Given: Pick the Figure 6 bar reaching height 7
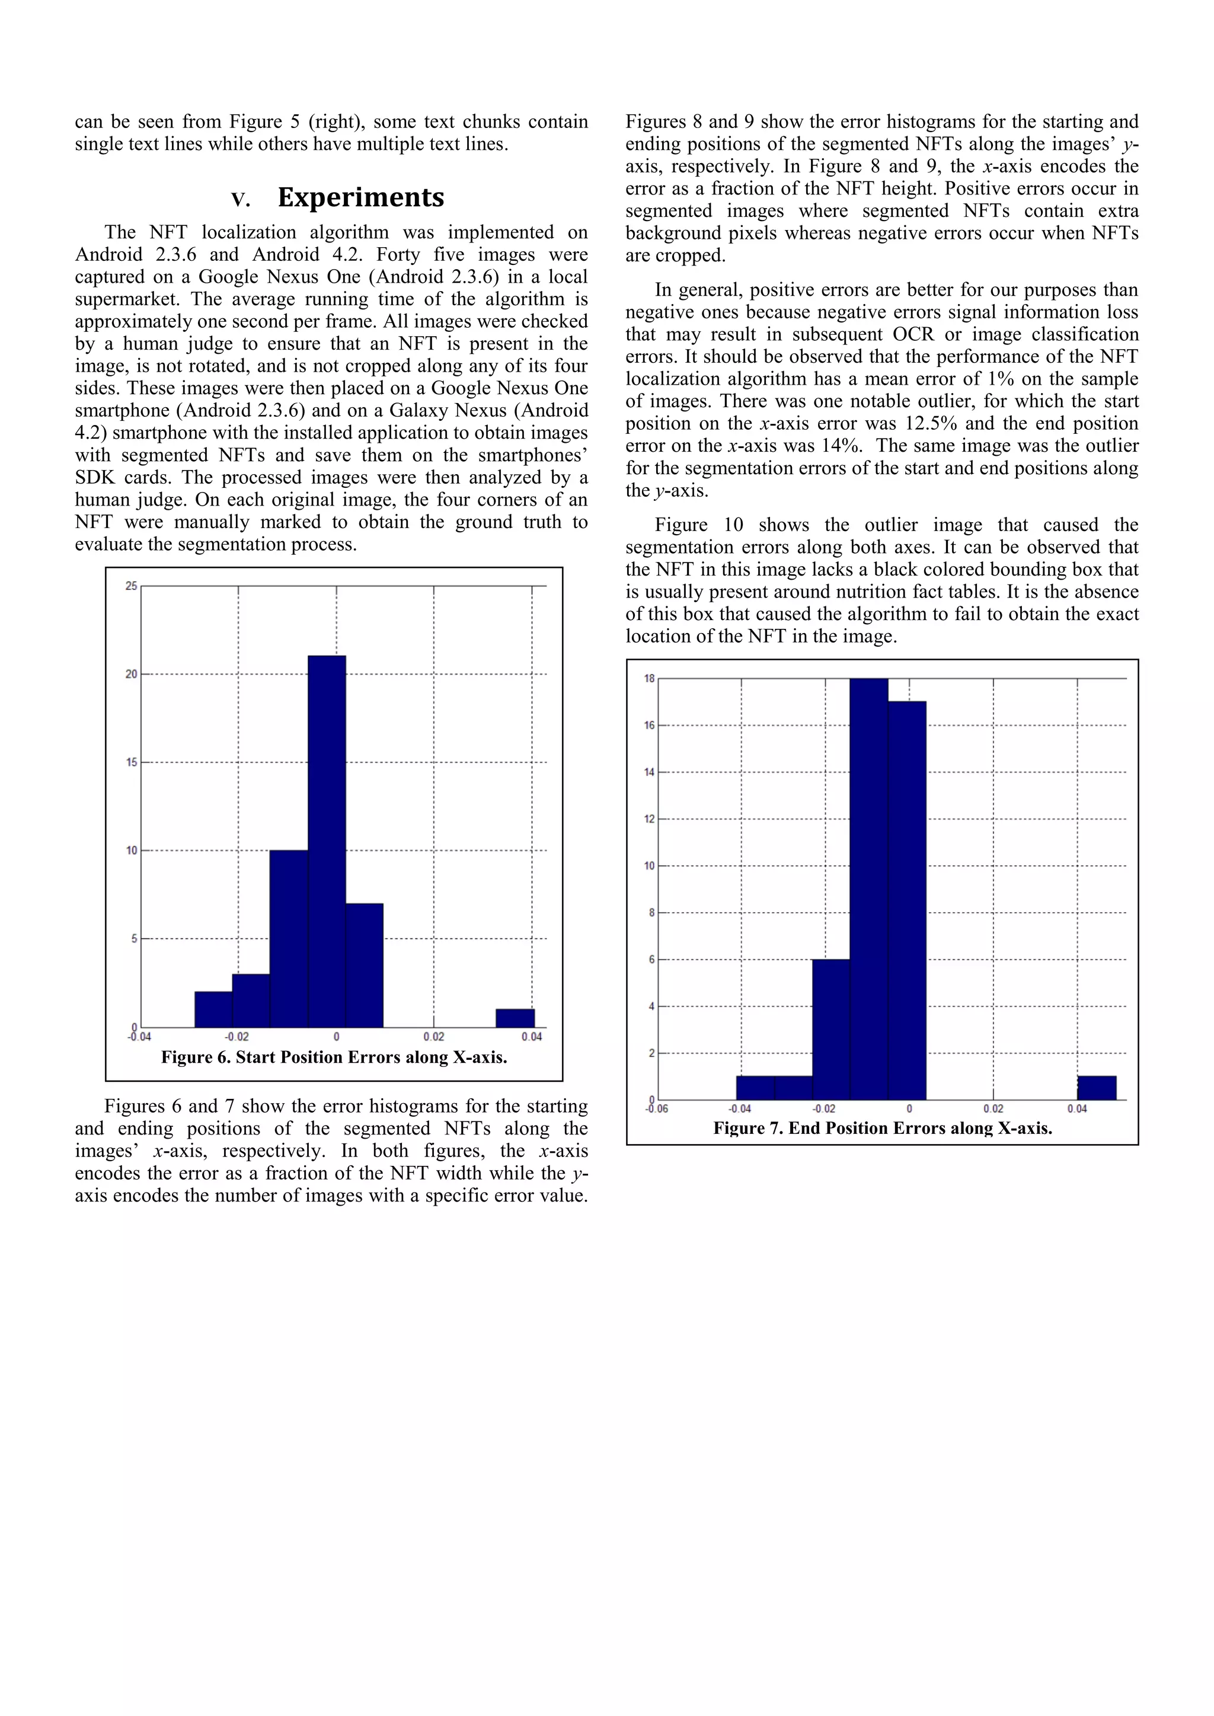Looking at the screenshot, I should pos(364,965).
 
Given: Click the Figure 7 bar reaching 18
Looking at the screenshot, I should pos(868,889).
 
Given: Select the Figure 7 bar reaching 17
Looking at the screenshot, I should pos(907,900).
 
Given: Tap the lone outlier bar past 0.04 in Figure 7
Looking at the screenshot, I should pos(1096,1088).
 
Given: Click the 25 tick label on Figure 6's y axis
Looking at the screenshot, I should pos(132,586).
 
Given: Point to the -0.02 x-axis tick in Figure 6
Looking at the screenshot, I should pos(237,1037).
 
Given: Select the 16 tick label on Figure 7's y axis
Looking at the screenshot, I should pos(649,725).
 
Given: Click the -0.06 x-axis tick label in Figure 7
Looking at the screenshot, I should pos(656,1108).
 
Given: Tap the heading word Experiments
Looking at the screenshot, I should pos(361,197).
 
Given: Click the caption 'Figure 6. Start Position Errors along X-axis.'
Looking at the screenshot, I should pos(334,1057).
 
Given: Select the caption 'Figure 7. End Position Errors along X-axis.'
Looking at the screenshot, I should pos(882,1128).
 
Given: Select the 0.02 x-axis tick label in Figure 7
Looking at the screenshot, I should pos(993,1108).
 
